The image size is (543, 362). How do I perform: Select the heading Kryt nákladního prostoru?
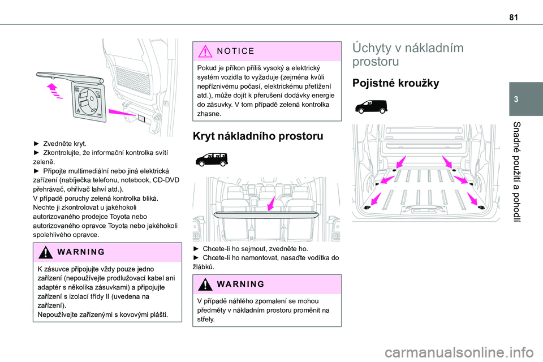[x=258, y=136]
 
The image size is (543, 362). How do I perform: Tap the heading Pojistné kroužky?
[x=395, y=84]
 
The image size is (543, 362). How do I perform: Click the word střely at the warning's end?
[x=202, y=319]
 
